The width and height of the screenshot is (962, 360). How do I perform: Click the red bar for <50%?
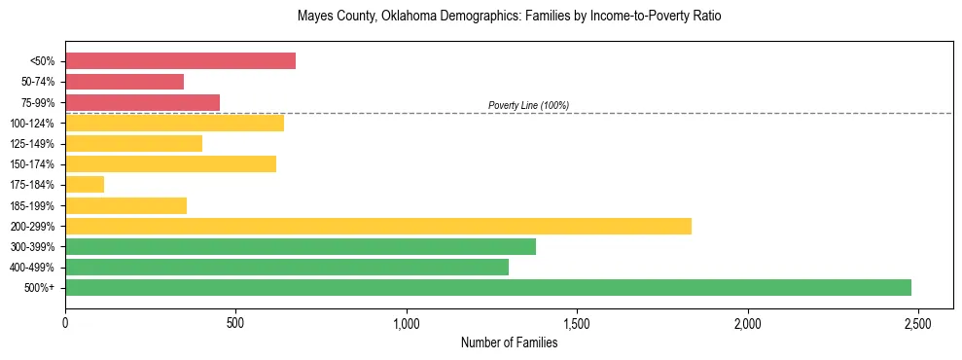pos(180,61)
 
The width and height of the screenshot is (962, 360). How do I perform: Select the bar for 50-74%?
pos(125,82)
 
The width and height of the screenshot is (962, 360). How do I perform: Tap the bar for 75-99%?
pos(142,102)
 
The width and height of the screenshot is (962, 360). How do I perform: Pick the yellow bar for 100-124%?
pos(174,123)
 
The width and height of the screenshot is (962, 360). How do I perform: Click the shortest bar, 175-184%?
pos(85,185)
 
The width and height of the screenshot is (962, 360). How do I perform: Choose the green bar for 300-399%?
pos(301,246)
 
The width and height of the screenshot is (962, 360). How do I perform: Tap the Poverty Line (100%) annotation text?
pos(528,105)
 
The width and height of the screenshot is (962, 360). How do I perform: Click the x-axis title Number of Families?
pos(509,342)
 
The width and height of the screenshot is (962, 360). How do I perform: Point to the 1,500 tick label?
pos(577,322)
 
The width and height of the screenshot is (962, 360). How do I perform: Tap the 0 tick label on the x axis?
pos(65,322)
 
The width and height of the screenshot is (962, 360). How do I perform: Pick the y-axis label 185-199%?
pos(32,205)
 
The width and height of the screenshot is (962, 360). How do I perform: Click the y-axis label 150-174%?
pos(32,164)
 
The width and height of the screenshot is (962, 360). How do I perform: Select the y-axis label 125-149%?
pos(32,144)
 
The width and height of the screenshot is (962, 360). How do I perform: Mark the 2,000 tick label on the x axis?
pos(748,322)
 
